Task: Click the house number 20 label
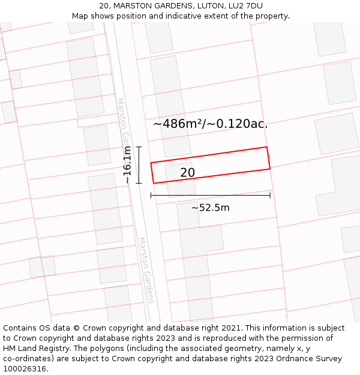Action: coord(187,173)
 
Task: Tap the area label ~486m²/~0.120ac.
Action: coord(210,124)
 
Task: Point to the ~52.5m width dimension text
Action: coord(210,208)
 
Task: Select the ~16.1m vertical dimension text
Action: coord(127,166)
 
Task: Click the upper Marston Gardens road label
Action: coord(122,120)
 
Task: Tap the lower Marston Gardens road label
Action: coord(146,270)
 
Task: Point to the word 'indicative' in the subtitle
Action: coord(179,16)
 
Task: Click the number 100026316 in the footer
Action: coord(25,369)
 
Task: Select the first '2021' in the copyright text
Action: coord(229,328)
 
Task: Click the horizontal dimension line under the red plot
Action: coord(210,195)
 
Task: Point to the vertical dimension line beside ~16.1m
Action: coord(139,165)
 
